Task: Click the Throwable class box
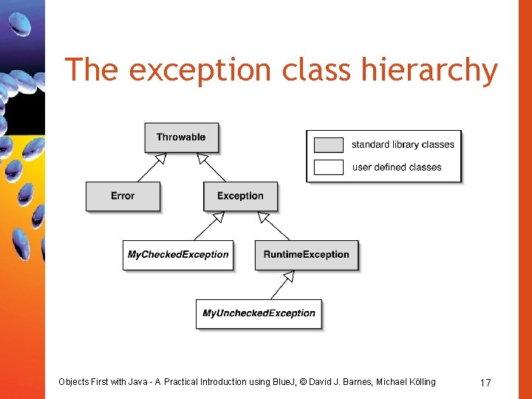(181, 137)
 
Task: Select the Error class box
(123, 196)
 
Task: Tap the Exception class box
(240, 196)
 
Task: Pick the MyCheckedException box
(178, 255)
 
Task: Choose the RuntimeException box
(306, 255)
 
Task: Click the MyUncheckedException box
(259, 313)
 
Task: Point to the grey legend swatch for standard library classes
(328, 145)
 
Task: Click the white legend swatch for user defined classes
(328, 167)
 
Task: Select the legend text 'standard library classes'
(403, 145)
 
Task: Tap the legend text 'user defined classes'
(397, 167)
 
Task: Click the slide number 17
(485, 383)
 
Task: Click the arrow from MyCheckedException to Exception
(210, 225)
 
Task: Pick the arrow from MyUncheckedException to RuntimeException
(283, 284)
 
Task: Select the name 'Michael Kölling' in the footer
(406, 382)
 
